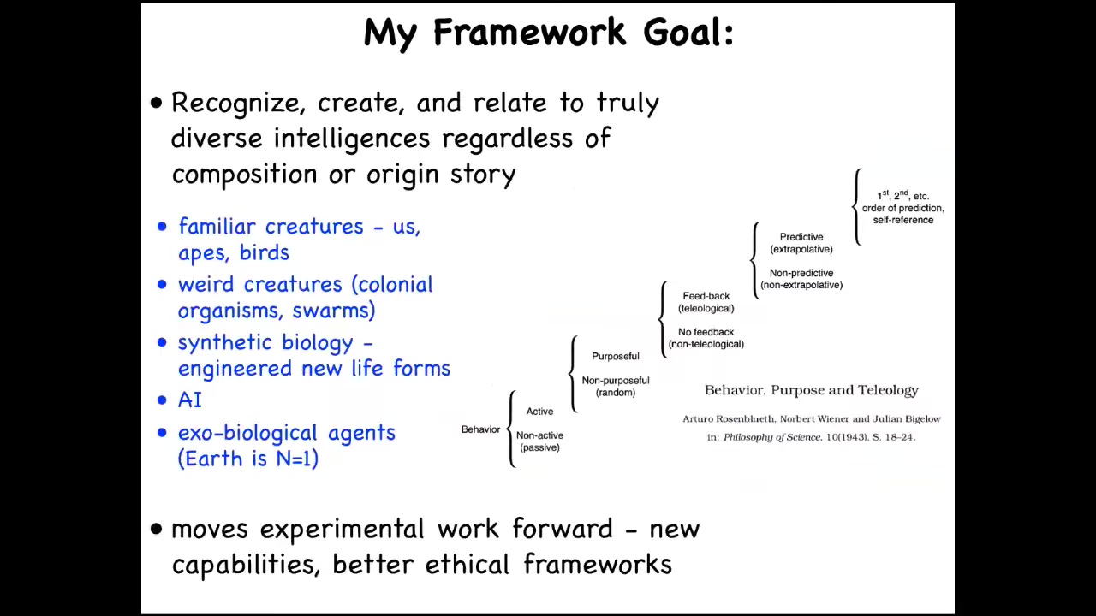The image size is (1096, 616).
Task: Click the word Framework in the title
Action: (530, 33)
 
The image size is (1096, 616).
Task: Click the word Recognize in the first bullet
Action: (238, 104)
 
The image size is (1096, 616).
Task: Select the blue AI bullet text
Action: (190, 400)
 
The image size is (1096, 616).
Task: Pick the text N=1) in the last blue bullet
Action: (297, 459)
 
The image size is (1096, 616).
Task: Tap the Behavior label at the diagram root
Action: (480, 429)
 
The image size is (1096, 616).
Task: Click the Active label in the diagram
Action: (539, 412)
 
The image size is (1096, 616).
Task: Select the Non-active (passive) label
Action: (539, 441)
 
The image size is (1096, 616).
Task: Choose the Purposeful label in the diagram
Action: (616, 356)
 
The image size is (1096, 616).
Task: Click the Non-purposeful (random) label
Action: (616, 386)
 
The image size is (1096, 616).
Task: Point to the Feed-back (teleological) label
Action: (706, 302)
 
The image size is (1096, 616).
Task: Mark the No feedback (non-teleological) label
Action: (706, 338)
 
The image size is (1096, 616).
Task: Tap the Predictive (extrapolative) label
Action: (801, 243)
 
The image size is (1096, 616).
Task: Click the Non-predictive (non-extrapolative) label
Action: (801, 279)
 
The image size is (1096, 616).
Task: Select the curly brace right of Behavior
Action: (510, 429)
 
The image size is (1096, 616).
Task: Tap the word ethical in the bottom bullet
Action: (468, 564)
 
